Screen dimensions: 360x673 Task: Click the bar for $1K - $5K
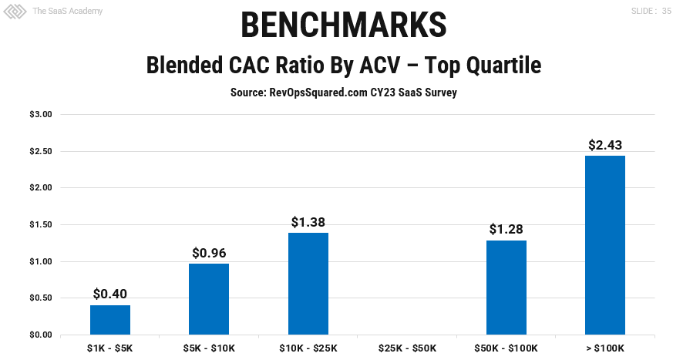pos(110,320)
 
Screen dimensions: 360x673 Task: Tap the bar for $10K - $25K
pos(308,284)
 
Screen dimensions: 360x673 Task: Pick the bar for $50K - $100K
pos(506,288)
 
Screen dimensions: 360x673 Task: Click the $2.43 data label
pos(605,145)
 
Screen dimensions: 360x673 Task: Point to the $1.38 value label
pos(308,222)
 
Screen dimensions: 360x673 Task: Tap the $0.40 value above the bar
pos(110,294)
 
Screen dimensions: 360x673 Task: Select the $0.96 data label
pos(209,253)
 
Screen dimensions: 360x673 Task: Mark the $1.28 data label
pos(506,230)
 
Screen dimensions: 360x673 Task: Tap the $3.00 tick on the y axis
pos(41,115)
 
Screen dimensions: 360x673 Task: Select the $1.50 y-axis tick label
pos(41,225)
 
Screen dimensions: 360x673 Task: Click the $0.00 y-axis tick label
pos(41,335)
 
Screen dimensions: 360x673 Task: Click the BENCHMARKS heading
pos(343,25)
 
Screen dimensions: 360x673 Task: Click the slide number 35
pos(665,12)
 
